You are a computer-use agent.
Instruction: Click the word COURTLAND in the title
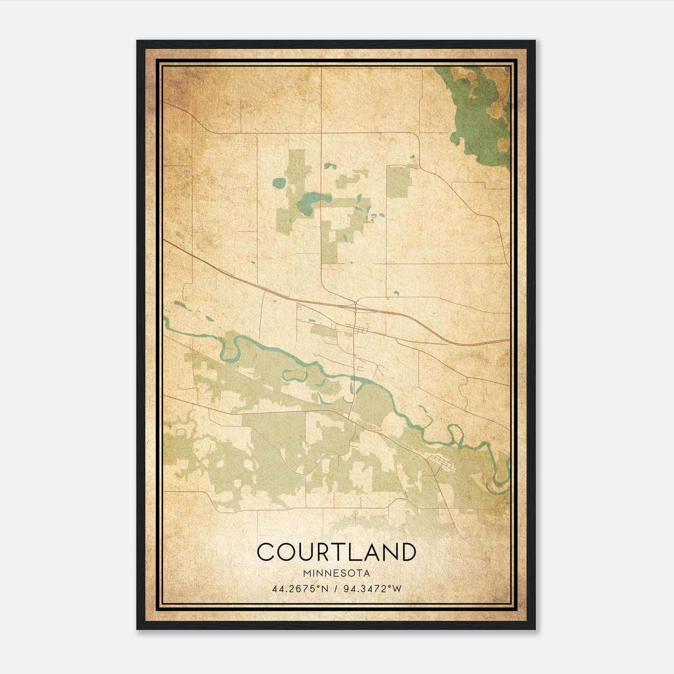pos(336,552)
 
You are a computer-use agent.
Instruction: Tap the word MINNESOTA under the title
pos(336,573)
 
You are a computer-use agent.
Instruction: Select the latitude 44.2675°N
pos(300,588)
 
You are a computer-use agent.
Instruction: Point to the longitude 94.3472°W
pos(372,588)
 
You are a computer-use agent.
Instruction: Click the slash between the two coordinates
pos(336,588)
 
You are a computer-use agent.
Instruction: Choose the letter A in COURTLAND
pos(372,552)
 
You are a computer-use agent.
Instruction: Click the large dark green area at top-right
pos(476,118)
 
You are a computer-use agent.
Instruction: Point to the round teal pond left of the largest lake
pos(279,183)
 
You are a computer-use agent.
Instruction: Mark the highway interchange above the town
pos(356,304)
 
